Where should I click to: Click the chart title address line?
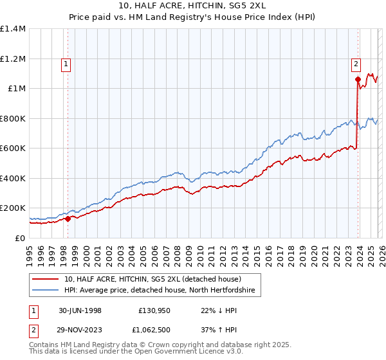(192, 6)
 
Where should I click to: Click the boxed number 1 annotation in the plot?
(67, 64)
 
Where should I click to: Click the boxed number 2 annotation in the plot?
(356, 64)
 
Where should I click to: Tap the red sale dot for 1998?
(68, 219)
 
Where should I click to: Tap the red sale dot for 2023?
(358, 80)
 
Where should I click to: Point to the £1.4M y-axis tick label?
(13, 29)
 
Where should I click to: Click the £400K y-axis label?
(13, 178)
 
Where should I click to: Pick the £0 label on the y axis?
(21, 238)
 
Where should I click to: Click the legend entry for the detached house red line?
(152, 279)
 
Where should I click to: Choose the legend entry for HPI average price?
(160, 291)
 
